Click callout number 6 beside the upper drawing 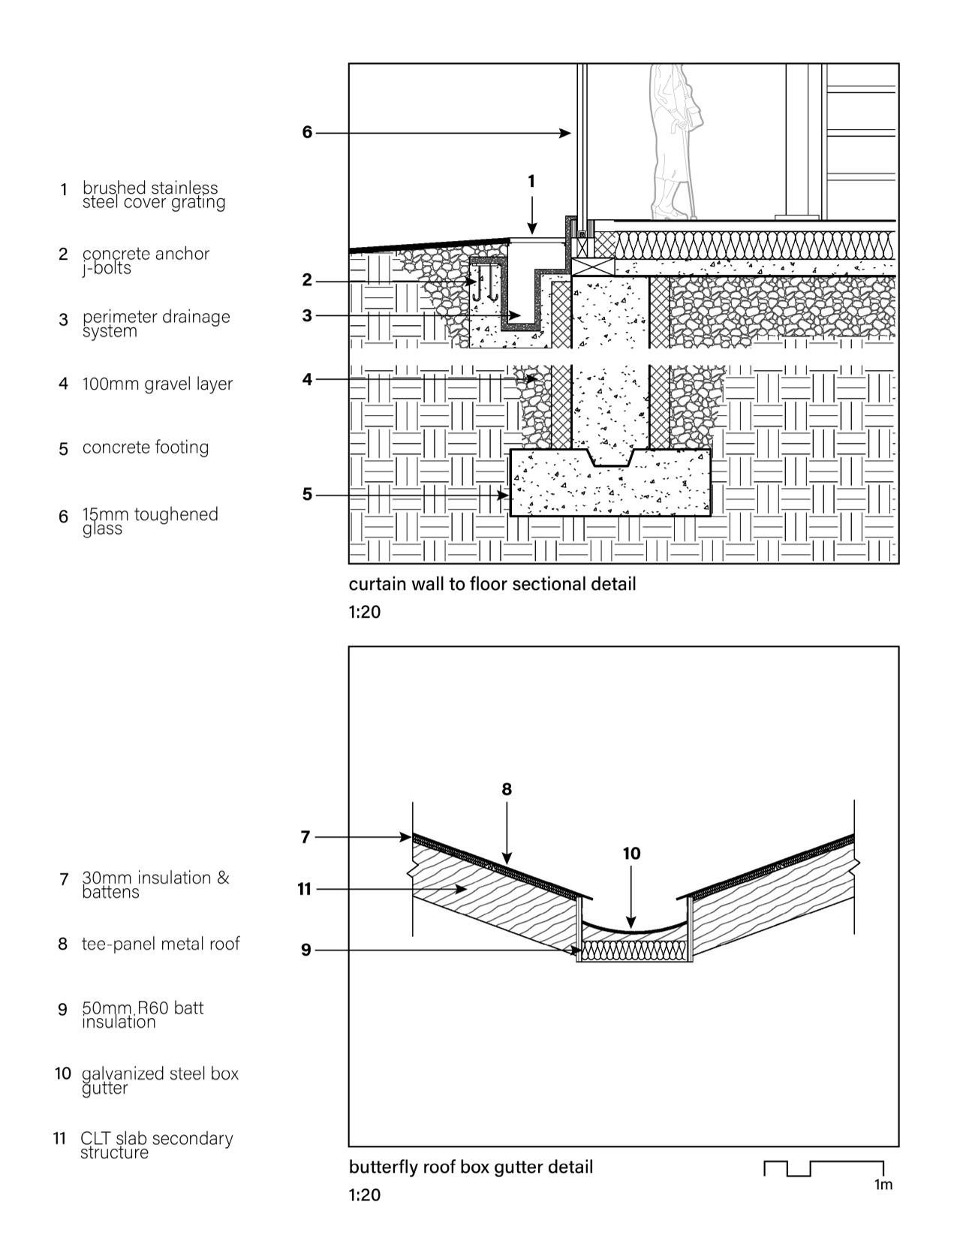pos(306,132)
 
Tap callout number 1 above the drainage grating pos(531,181)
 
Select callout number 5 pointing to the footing pos(306,495)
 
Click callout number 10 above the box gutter pos(631,854)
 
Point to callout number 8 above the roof pos(507,789)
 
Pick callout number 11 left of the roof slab pos(303,890)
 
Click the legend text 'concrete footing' pos(146,447)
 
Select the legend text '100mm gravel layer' pos(158,384)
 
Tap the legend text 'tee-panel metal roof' pos(161,944)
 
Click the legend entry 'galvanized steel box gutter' pos(160,1080)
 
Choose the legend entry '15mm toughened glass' pos(150,521)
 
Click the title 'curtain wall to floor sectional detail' pos(492,584)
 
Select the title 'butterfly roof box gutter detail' pos(471,1167)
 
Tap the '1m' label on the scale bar pos(883,1185)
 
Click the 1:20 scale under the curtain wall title pos(365,612)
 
